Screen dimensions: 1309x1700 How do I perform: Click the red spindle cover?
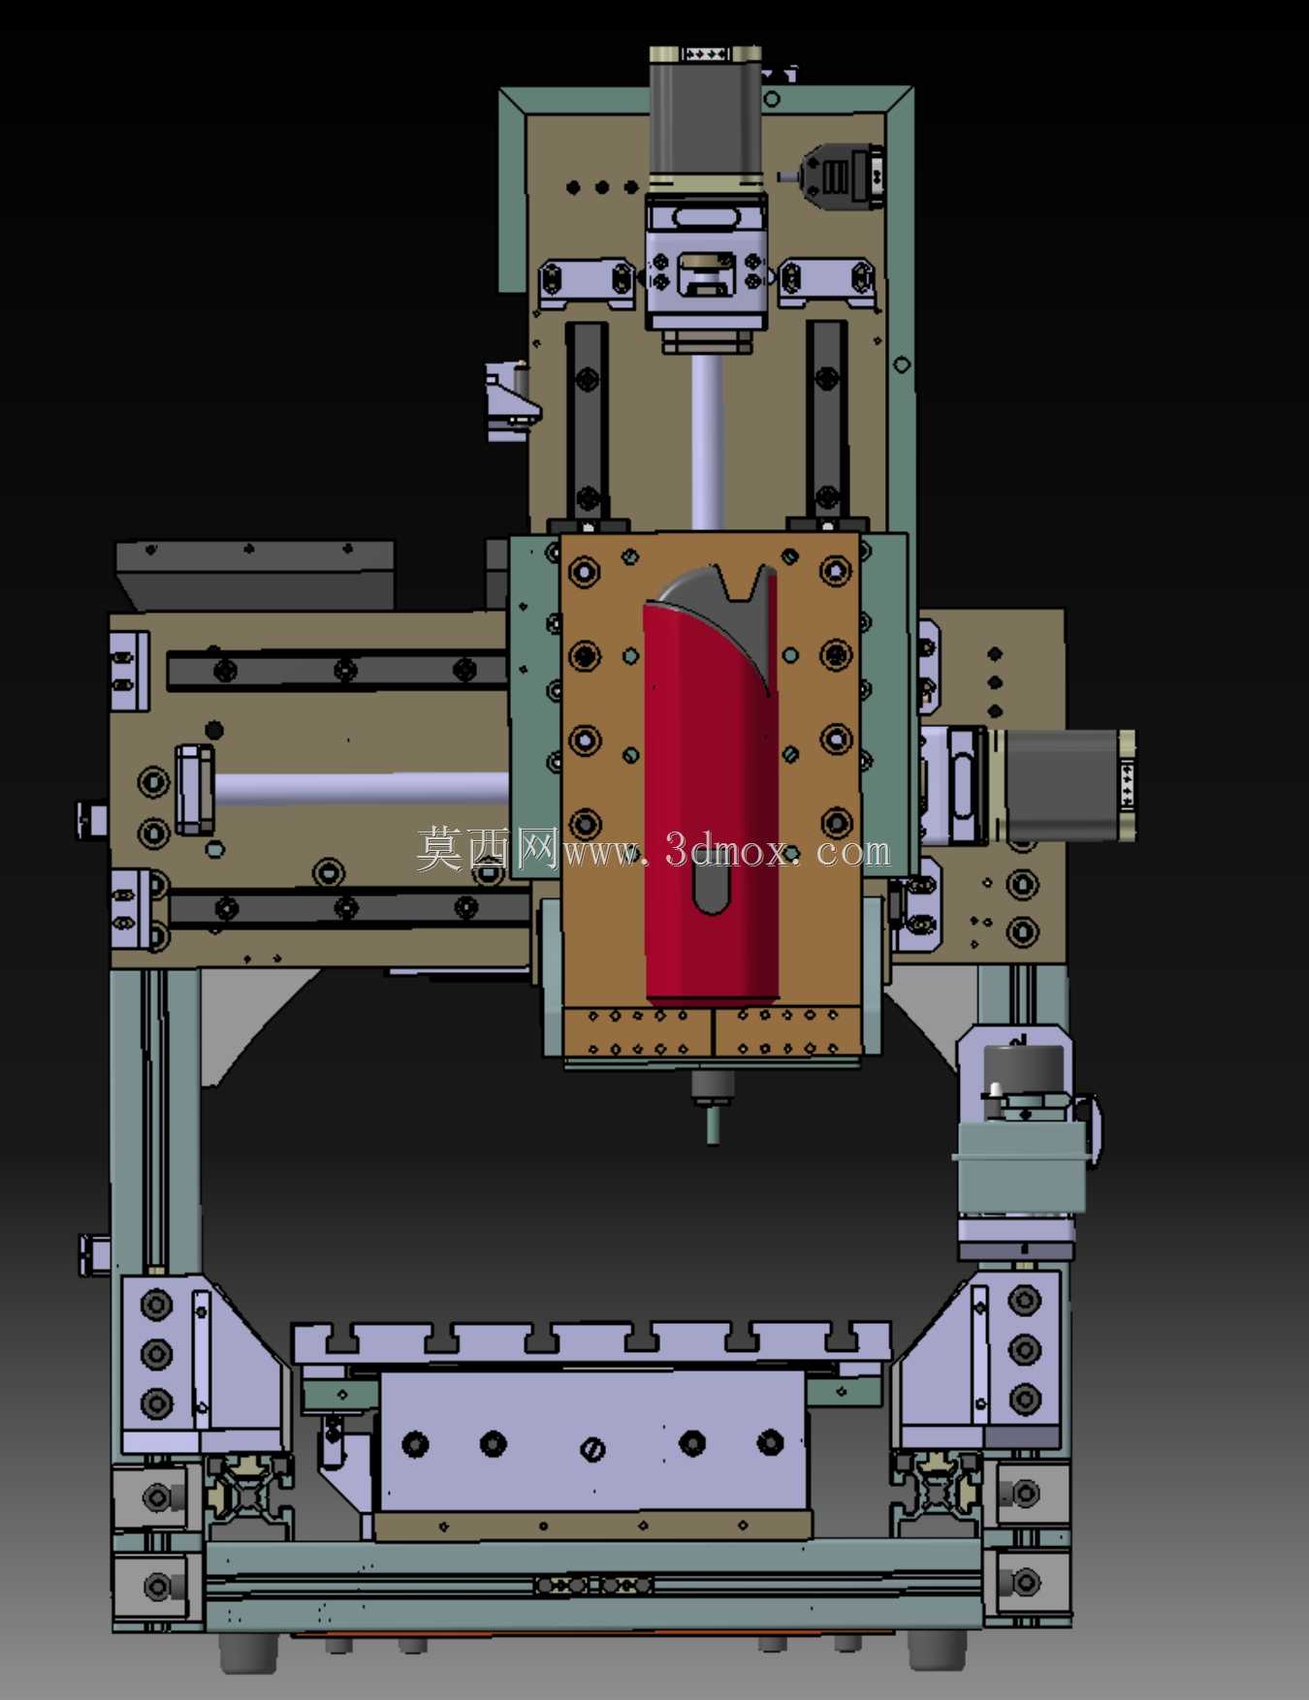[711, 804]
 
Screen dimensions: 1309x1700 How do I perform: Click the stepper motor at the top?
[705, 116]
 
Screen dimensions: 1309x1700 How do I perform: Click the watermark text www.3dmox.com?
[726, 851]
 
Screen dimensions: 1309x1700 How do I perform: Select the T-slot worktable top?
[591, 1341]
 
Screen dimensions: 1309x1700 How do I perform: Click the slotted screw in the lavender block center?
[592, 1449]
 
